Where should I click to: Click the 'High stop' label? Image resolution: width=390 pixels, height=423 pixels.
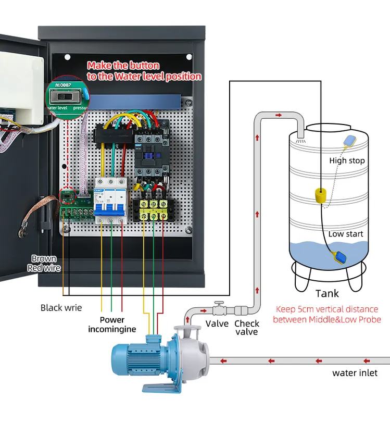(347, 160)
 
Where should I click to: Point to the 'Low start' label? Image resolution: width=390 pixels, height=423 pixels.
(345, 234)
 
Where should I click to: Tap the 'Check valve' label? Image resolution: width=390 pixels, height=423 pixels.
(247, 328)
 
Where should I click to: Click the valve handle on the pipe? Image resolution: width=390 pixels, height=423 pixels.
(220, 304)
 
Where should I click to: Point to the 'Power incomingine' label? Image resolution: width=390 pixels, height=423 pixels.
(112, 325)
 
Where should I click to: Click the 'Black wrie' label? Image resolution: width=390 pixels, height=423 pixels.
(61, 307)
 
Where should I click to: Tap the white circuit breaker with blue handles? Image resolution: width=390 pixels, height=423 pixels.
(110, 200)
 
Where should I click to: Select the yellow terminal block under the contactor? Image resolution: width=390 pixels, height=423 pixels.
(154, 209)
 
